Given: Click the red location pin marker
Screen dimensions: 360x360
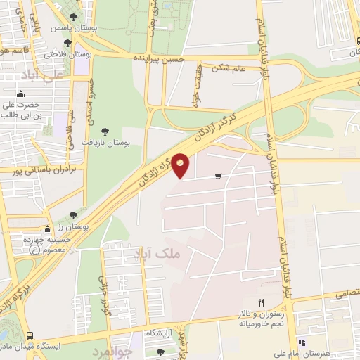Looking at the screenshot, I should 181,166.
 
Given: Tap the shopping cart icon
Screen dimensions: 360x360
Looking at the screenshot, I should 219,176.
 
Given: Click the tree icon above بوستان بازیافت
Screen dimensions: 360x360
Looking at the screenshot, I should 105,131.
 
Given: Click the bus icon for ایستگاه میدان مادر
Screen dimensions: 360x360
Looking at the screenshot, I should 30,335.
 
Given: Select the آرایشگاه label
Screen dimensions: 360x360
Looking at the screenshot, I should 161,333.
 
